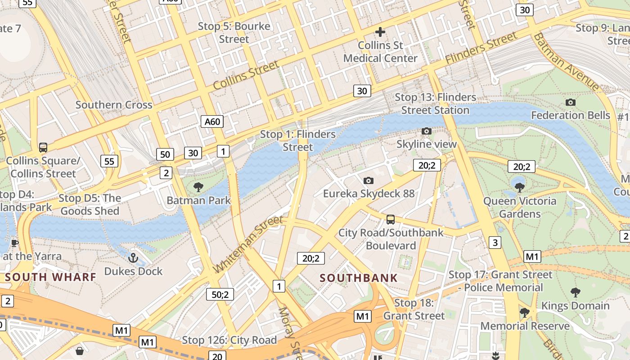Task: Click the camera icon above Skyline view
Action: [x=426, y=131]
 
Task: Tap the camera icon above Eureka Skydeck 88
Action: [x=369, y=181]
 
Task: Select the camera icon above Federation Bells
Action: [x=570, y=103]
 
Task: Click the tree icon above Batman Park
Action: [x=198, y=187]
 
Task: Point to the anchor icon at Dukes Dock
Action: [x=133, y=258]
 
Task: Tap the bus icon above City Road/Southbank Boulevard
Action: [x=390, y=220]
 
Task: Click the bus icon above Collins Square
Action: [x=43, y=148]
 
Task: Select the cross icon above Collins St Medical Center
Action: [x=380, y=32]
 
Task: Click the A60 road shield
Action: [x=212, y=121]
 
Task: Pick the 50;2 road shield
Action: [x=220, y=295]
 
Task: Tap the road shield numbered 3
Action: [x=495, y=243]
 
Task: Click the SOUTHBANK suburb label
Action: [x=359, y=278]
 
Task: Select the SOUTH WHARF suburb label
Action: [x=51, y=277]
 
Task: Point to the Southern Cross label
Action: [x=114, y=105]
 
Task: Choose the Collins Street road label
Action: [x=246, y=75]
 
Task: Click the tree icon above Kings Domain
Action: [x=575, y=292]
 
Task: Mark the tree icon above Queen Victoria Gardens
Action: [x=520, y=187]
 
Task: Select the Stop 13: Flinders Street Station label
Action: [x=435, y=103]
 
